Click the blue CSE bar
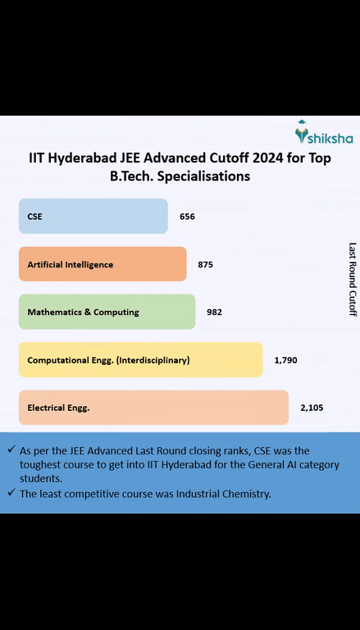pyautogui.click(x=93, y=217)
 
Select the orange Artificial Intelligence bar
pyautogui.click(x=102, y=264)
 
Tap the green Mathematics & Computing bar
pyautogui.click(x=107, y=312)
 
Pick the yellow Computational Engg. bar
pyautogui.click(x=140, y=359)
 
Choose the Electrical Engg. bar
pyautogui.click(x=153, y=407)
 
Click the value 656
pyautogui.click(x=187, y=217)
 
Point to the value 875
pyautogui.click(x=205, y=264)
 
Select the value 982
pyautogui.click(x=214, y=312)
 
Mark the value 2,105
pyautogui.click(x=312, y=407)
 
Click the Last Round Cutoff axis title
pyautogui.click(x=353, y=279)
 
